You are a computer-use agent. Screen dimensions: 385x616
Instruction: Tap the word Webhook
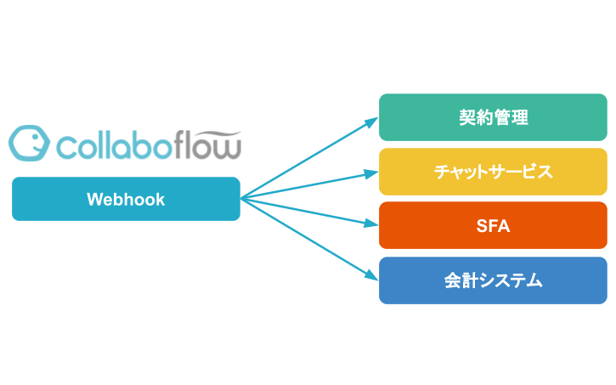[126, 199]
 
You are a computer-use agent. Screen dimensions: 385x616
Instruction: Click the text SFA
[493, 225]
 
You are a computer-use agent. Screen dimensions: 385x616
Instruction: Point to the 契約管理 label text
[493, 117]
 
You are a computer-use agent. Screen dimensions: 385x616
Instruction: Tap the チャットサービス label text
[493, 172]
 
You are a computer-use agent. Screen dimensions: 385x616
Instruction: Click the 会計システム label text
[493, 280]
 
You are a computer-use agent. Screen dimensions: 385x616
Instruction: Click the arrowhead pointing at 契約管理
[371, 122]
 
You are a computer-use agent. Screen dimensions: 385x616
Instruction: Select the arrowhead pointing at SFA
[371, 224]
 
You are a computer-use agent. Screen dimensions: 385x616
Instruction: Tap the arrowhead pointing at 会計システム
[371, 276]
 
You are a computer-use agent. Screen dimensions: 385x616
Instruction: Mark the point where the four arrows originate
[241, 199]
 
